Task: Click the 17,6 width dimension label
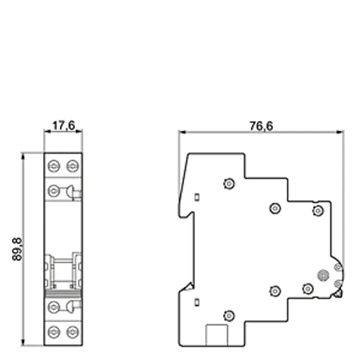[63, 126]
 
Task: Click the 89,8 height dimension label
[17, 249]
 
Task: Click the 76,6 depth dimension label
[261, 126]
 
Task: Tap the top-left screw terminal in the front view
[54, 166]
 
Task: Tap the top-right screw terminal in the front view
[72, 166]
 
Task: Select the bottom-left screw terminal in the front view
[54, 332]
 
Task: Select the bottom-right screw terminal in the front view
[72, 332]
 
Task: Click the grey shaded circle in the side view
[323, 275]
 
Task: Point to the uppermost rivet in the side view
[229, 184]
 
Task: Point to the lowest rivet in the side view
[229, 316]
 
